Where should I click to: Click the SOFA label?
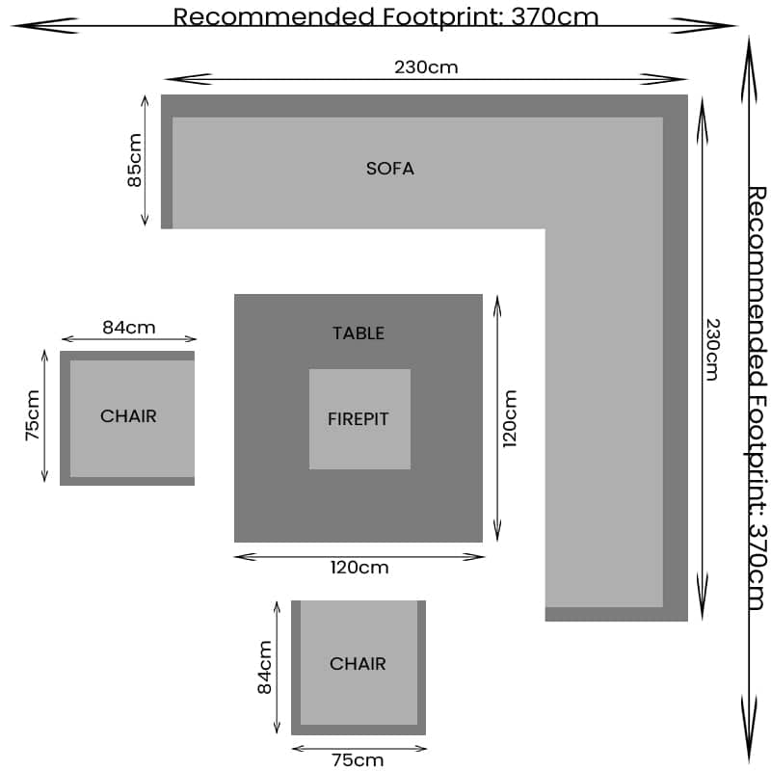pyautogui.click(x=389, y=169)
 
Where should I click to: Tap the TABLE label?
pyautogui.click(x=358, y=333)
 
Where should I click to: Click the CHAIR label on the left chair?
pyautogui.click(x=128, y=416)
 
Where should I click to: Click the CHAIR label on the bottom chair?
pyautogui.click(x=358, y=664)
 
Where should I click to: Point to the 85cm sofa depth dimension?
pyautogui.click(x=134, y=160)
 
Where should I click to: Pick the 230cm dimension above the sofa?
pyautogui.click(x=426, y=67)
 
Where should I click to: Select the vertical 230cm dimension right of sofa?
pyautogui.click(x=711, y=349)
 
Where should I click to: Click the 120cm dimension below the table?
pyautogui.click(x=359, y=568)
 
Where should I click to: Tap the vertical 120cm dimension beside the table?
pyautogui.click(x=510, y=418)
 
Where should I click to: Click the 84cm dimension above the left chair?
pyautogui.click(x=128, y=328)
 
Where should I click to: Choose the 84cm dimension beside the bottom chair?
pyautogui.click(x=265, y=667)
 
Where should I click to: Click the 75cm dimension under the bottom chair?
pyautogui.click(x=358, y=759)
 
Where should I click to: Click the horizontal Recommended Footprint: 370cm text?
pyautogui.click(x=385, y=16)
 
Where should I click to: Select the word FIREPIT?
pyautogui.click(x=359, y=419)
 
